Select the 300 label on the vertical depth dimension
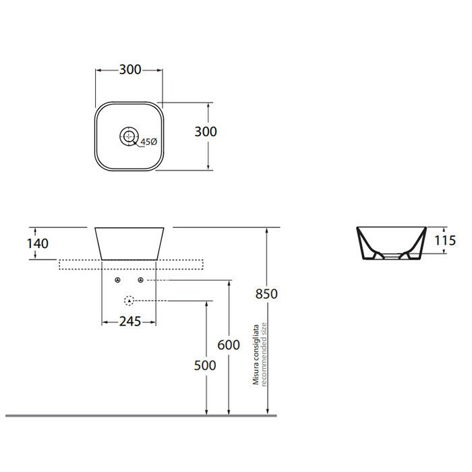tap(206, 131)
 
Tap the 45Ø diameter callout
tap(148, 142)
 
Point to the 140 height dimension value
tap(38, 243)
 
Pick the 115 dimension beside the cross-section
tap(445, 240)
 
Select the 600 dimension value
tap(229, 345)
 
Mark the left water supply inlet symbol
tap(117, 280)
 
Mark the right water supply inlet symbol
tap(140, 280)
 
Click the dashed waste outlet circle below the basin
tap(129, 300)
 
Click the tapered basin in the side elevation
tap(128, 243)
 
